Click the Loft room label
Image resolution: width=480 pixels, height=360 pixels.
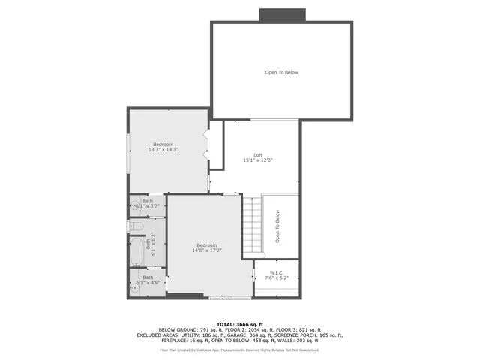pyautogui.click(x=258, y=155)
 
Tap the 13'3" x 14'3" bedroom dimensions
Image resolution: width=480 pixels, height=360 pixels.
pyautogui.click(x=163, y=150)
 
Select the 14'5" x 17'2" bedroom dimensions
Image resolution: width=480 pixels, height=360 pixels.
pyautogui.click(x=206, y=250)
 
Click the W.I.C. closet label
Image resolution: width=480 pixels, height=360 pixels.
pyautogui.click(x=276, y=273)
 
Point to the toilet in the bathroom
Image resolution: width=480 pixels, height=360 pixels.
pyautogui.click(x=136, y=225)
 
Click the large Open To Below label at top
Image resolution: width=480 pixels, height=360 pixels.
pyautogui.click(x=281, y=72)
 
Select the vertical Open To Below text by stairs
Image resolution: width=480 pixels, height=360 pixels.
pyautogui.click(x=277, y=226)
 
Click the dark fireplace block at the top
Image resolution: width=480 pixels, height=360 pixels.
pyautogui.click(x=282, y=15)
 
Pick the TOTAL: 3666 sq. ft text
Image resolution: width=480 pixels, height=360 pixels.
pyautogui.click(x=239, y=323)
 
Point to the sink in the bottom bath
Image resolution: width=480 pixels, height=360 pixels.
pyautogui.click(x=136, y=287)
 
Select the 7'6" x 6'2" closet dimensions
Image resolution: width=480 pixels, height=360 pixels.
pyautogui.click(x=276, y=278)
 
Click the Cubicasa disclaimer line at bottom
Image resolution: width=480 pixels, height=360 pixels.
pyautogui.click(x=239, y=349)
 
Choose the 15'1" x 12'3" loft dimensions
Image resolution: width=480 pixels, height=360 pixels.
pyautogui.click(x=258, y=160)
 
